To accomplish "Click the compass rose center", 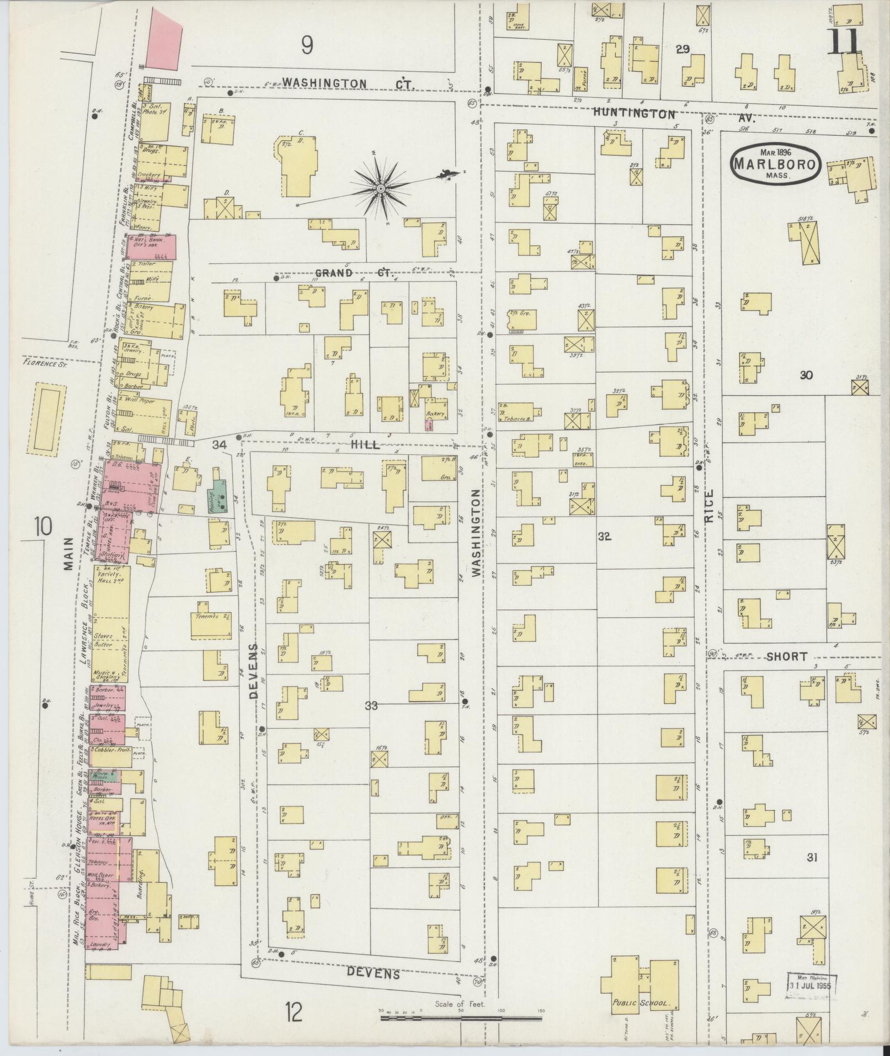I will click(x=381, y=189).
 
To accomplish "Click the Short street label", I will click(x=787, y=656).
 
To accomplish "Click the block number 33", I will click(x=371, y=705).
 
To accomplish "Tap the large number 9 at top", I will click(x=307, y=45).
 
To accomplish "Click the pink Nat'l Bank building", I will click(x=151, y=247).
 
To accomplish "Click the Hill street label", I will click(x=366, y=445).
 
